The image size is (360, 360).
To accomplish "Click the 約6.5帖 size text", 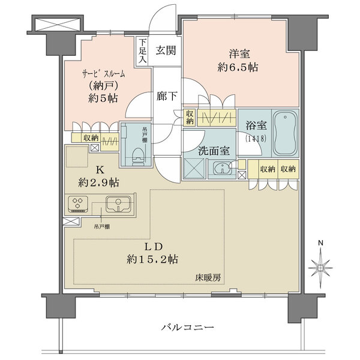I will pos(238,67).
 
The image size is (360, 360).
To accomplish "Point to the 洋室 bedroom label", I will pos(238,52).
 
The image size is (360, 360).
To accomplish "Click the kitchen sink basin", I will pos(118,205).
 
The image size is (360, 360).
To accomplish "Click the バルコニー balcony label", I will pos(188,328).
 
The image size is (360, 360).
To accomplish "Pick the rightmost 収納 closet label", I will pos(287,170).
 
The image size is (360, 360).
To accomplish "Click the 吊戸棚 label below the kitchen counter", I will pos(101,226).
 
